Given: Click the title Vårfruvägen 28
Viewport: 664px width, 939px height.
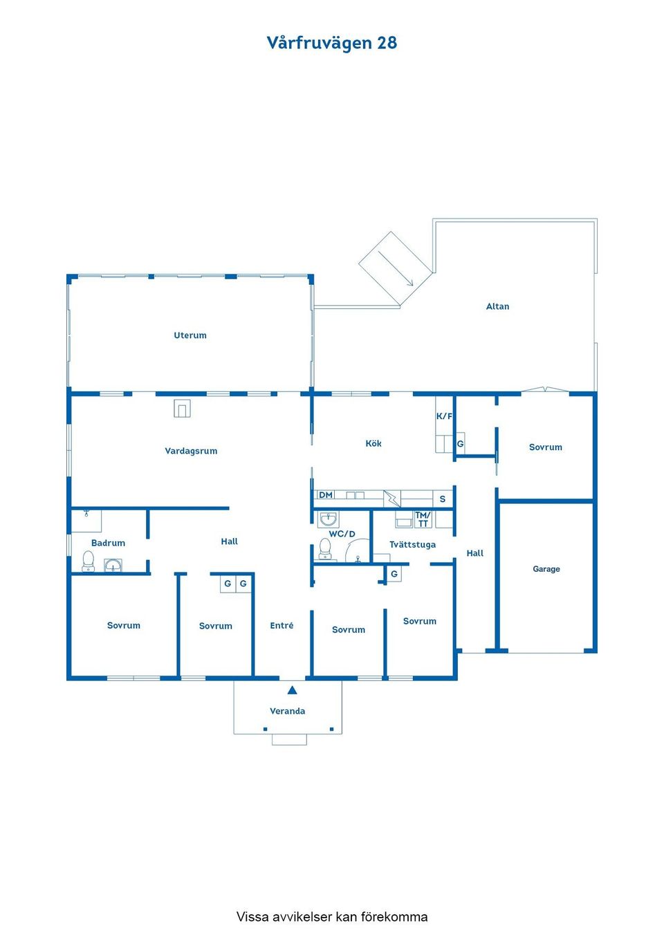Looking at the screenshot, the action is (331, 43).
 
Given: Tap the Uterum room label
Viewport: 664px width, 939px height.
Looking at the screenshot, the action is (190, 335).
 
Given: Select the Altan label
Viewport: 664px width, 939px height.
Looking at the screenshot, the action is (497, 306).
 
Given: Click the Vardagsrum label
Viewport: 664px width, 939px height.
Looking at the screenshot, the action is (191, 451).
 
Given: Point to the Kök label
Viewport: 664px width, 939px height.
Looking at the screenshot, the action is (373, 443).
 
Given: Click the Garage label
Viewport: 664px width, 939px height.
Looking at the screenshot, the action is (546, 569).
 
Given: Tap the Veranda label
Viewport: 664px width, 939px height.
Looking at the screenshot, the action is (287, 711).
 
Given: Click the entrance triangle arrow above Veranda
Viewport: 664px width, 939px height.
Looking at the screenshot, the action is (292, 690).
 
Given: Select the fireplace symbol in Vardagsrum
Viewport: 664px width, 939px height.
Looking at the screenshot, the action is (183, 408).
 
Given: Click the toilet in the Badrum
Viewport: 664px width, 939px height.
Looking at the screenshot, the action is (88, 561).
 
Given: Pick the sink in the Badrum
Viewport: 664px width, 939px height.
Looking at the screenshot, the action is (113, 565).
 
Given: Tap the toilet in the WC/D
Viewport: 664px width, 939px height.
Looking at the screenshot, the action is (325, 548).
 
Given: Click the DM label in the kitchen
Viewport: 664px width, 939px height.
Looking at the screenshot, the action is (326, 495).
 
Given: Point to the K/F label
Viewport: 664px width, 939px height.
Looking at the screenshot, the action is (444, 416).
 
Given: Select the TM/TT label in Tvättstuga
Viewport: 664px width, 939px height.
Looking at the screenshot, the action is (423, 519).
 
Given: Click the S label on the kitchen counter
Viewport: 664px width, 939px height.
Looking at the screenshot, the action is (443, 499).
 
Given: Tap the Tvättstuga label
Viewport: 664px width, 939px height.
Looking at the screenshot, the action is (412, 545).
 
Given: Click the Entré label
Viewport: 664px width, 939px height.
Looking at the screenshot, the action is (282, 626).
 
